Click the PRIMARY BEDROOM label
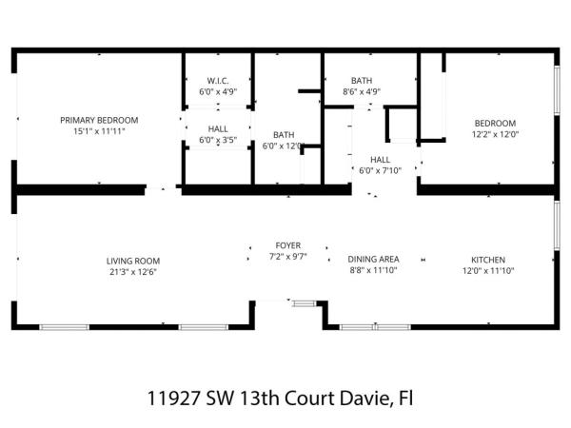pyautogui.click(x=99, y=120)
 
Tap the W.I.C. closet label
pyautogui.click(x=217, y=81)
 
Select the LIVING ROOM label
pyautogui.click(x=132, y=261)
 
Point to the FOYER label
pyautogui.click(x=288, y=245)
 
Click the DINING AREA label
pyautogui.click(x=373, y=259)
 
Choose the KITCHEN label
pyautogui.click(x=487, y=260)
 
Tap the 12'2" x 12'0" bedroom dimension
pyautogui.click(x=496, y=134)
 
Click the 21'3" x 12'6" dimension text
pyautogui.click(x=132, y=272)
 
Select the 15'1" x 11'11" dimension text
pyautogui.click(x=99, y=131)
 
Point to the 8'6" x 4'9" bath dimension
pyautogui.click(x=362, y=92)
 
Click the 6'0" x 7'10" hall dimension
pyautogui.click(x=380, y=171)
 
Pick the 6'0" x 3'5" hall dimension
pyautogui.click(x=217, y=140)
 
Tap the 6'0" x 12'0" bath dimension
pyautogui.click(x=283, y=146)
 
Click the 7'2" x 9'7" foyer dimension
pyautogui.click(x=288, y=257)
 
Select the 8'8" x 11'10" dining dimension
pyautogui.click(x=373, y=270)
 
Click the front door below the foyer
pyautogui.click(x=277, y=302)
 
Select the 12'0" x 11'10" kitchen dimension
pyautogui.click(x=487, y=271)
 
